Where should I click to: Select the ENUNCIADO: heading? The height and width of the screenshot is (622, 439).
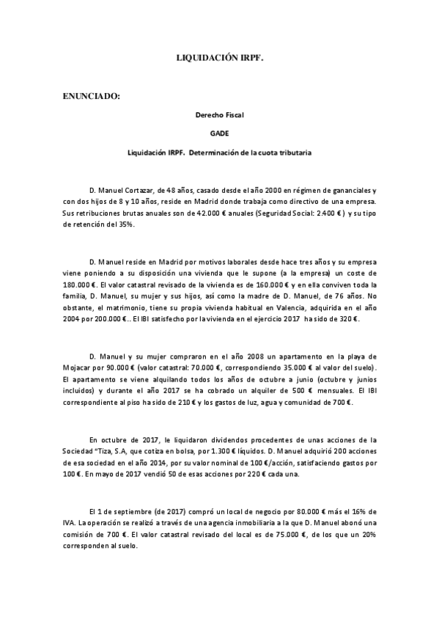[91, 95]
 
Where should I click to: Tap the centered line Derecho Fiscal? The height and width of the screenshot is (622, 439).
[219, 114]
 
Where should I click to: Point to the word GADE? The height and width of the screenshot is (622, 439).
[219, 133]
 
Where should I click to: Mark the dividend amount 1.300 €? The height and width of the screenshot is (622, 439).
[233, 451]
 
